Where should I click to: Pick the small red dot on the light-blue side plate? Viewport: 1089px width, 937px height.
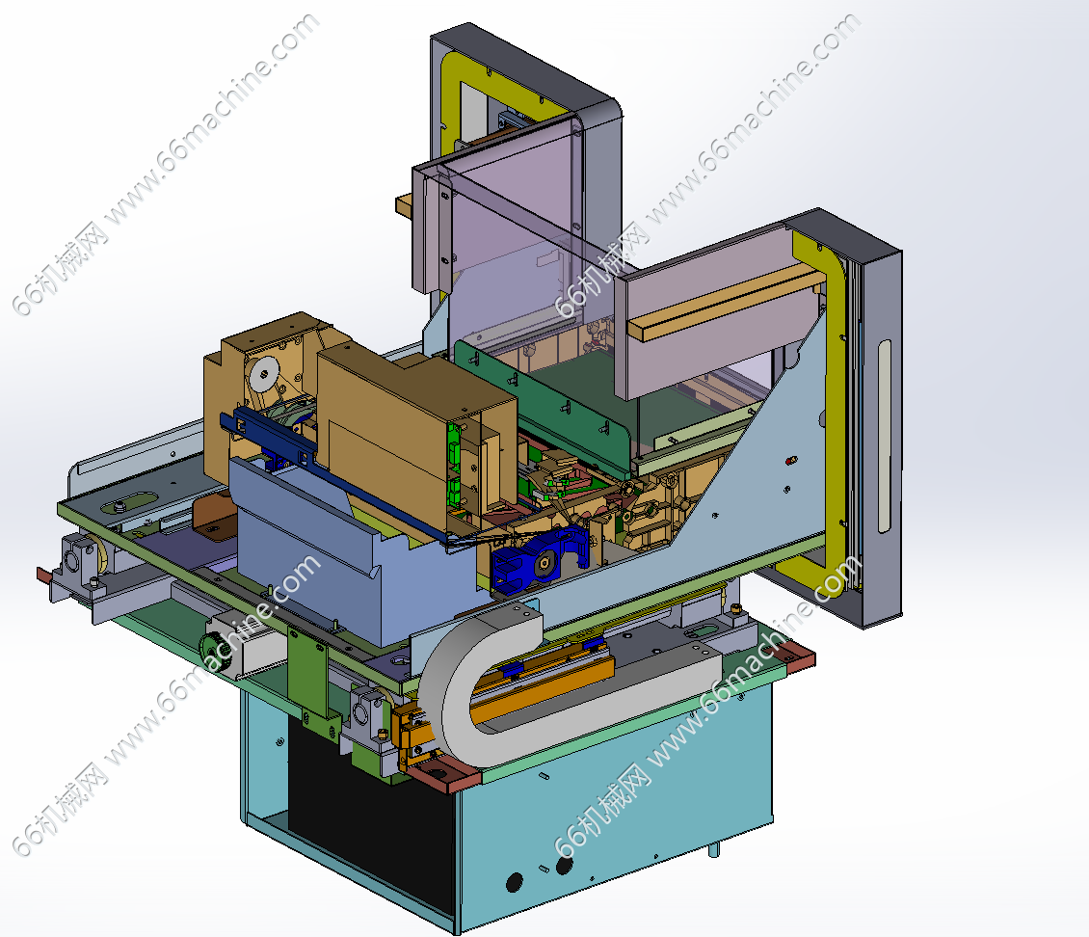[789, 461]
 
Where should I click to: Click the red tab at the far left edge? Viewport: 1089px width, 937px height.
[43, 576]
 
